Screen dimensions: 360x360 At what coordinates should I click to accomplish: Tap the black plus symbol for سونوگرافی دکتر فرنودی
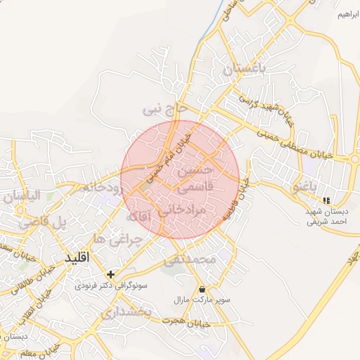click(110, 274)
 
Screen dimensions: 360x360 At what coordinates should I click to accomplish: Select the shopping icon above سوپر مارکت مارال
click(202, 289)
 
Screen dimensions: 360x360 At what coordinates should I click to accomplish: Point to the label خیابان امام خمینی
click(169, 150)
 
